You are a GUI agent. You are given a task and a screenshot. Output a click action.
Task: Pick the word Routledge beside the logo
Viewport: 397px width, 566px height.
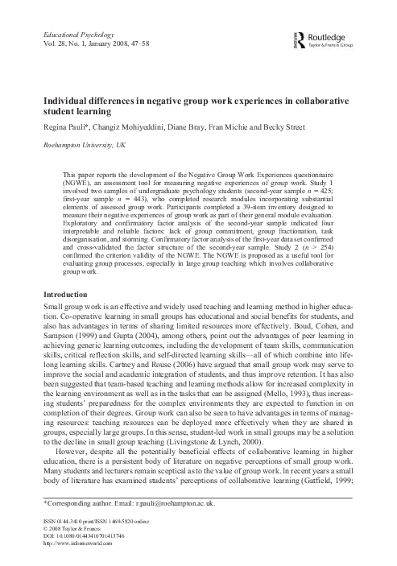[336, 36]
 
